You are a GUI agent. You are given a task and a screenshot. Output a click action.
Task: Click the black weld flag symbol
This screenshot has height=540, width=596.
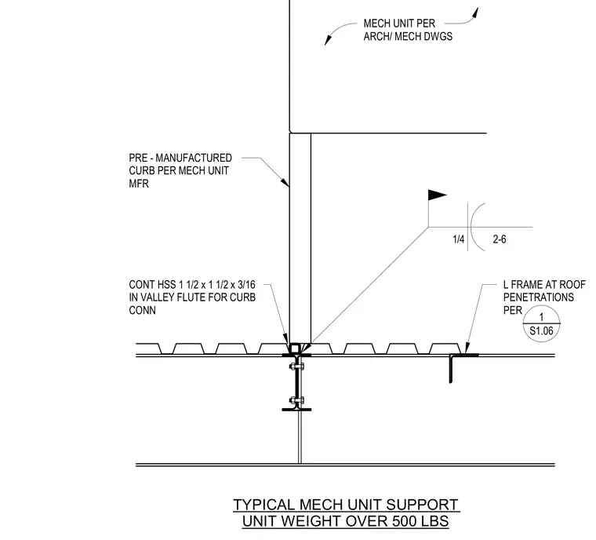[x=436, y=195]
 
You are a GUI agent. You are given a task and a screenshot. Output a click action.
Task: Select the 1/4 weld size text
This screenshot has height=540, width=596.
[x=459, y=239]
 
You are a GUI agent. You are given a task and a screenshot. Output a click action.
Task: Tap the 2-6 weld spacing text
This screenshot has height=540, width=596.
[x=500, y=239]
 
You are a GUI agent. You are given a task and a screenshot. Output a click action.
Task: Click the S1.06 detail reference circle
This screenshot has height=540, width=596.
[x=541, y=323]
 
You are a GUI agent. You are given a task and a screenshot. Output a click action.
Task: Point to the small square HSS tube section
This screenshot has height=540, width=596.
[x=295, y=348]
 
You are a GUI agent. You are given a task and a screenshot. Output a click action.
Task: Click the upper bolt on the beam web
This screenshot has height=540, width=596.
[x=296, y=367]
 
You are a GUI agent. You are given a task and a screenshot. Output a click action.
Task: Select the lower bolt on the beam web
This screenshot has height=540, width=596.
[x=296, y=400]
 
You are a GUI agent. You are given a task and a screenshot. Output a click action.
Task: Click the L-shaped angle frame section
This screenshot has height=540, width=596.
[x=451, y=368]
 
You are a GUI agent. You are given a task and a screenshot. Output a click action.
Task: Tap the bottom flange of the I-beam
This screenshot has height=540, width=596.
[x=296, y=410]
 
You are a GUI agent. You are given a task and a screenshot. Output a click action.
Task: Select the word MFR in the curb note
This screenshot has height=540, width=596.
[x=139, y=184]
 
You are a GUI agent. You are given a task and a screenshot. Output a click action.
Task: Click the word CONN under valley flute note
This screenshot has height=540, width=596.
[x=142, y=311]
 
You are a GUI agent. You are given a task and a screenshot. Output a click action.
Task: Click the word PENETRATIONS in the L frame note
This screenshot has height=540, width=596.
[x=539, y=297]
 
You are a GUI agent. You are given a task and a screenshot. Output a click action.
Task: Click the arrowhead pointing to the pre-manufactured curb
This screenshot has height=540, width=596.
[x=285, y=182]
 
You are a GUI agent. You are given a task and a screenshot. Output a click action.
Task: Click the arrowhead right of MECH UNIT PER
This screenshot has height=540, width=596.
[x=475, y=13]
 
